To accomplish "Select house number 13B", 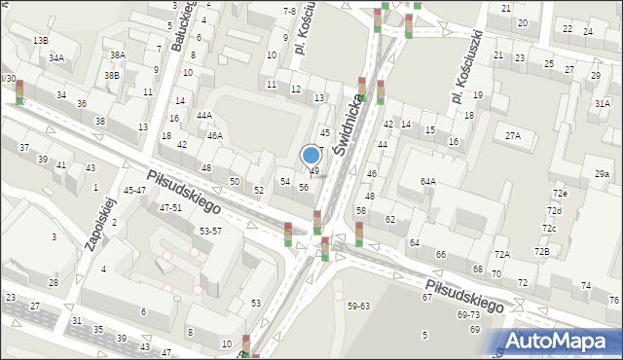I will [x=40, y=40].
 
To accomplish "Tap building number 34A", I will [x=56, y=58].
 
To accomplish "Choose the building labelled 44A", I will [x=203, y=115].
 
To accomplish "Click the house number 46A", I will [x=214, y=135].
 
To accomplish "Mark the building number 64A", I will [x=427, y=181].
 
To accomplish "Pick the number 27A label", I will [x=512, y=136].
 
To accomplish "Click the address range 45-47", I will [x=134, y=191].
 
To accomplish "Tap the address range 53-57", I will [x=210, y=231].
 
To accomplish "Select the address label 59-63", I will [x=358, y=306].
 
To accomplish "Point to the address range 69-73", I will [x=468, y=315].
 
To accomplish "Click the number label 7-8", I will [x=289, y=11].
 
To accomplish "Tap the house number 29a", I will [x=603, y=174].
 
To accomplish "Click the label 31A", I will [x=603, y=103].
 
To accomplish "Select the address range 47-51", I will [x=170, y=208].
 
